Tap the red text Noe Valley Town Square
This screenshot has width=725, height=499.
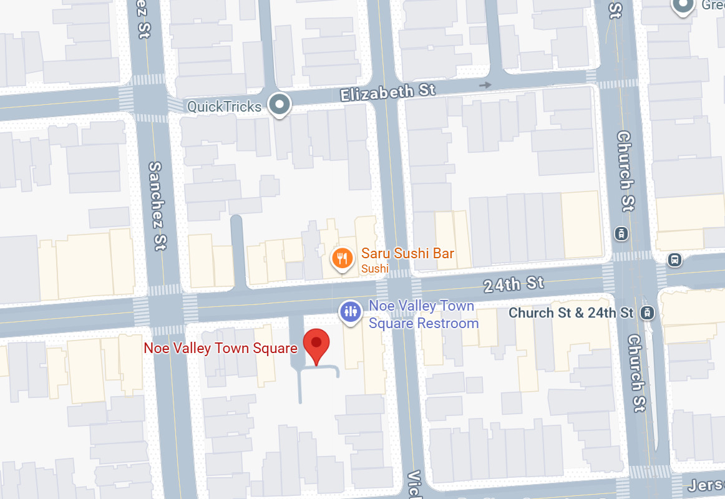pos(220,348)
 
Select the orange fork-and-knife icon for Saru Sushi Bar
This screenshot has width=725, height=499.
pos(342,258)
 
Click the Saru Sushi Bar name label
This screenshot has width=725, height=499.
pos(407,253)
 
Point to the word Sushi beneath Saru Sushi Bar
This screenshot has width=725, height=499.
pos(374,269)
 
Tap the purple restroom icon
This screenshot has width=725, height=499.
pos(350,312)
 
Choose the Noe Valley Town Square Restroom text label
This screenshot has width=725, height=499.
pos(423,314)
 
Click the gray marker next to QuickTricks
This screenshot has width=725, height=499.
pos(280,105)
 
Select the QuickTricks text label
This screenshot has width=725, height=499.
pos(225,107)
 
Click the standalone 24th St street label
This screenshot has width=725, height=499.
pos(514,284)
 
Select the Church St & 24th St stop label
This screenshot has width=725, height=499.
pos(571,312)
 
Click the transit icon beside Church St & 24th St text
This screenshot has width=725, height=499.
pos(649,312)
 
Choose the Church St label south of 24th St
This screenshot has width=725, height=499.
pos(636,372)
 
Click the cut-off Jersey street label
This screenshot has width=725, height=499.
pos(706,485)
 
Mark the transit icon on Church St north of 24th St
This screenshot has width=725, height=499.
pos(621,234)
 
